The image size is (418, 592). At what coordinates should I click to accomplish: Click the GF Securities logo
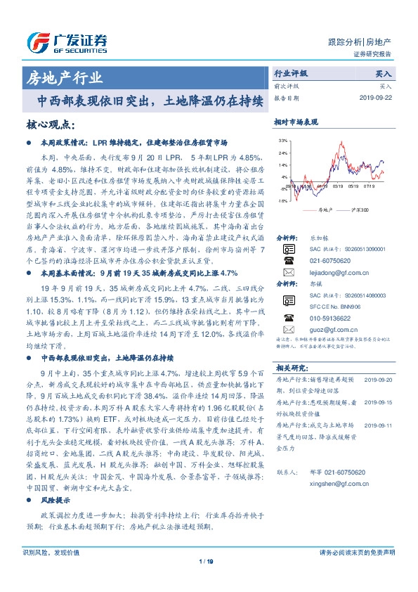click(x=66, y=41)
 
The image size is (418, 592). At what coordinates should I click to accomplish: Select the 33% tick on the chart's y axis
click(x=282, y=141)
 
